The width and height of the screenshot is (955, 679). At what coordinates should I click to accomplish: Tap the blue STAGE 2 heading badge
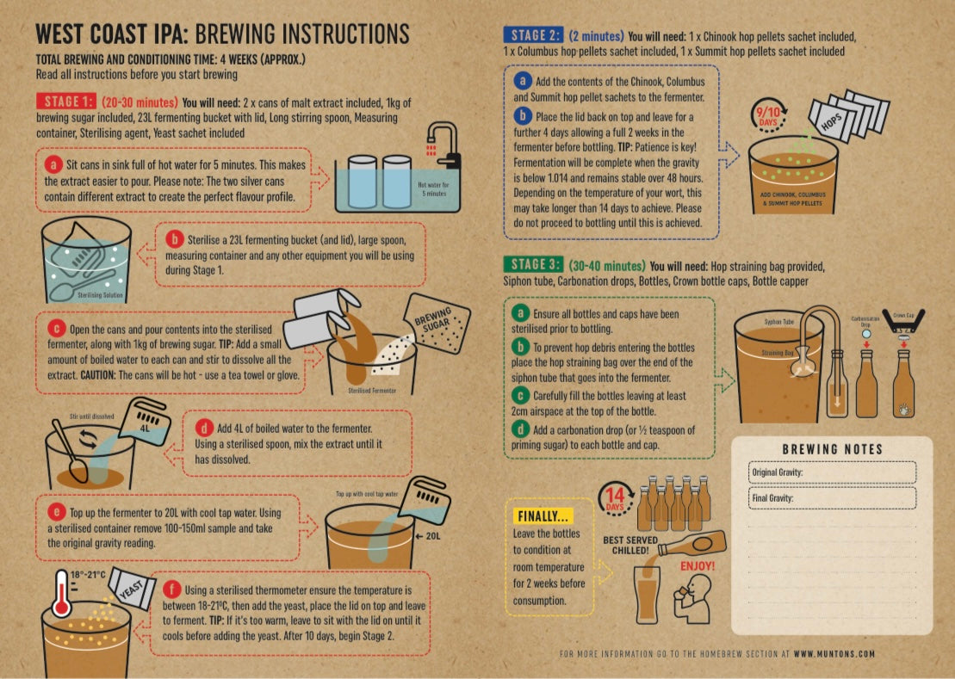pyautogui.click(x=533, y=35)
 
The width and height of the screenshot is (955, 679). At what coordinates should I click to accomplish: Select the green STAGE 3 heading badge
pyautogui.click(x=533, y=265)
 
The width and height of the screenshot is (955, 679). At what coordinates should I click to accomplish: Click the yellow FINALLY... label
pyautogui.click(x=542, y=516)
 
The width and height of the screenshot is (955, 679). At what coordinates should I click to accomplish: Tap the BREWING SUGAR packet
pyautogui.click(x=437, y=324)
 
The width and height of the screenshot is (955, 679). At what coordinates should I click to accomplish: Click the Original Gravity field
pyautogui.click(x=832, y=472)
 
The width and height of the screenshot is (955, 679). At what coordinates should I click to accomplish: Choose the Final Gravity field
pyautogui.click(x=832, y=498)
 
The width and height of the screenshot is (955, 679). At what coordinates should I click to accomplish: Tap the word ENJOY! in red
pyautogui.click(x=698, y=566)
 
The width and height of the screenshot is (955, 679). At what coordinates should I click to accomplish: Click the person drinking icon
pyautogui.click(x=693, y=598)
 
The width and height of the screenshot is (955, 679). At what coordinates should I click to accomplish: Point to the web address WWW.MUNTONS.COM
pyautogui.click(x=834, y=654)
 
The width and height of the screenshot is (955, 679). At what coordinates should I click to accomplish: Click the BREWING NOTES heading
pyautogui.click(x=832, y=449)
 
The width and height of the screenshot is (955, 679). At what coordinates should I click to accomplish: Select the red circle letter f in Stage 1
pyautogui.click(x=171, y=589)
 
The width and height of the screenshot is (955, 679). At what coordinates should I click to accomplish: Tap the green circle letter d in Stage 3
pyautogui.click(x=520, y=429)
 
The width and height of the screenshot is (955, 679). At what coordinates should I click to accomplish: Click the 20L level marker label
pyautogui.click(x=429, y=536)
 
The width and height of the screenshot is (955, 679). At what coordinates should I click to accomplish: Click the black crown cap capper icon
pyautogui.click(x=903, y=322)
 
